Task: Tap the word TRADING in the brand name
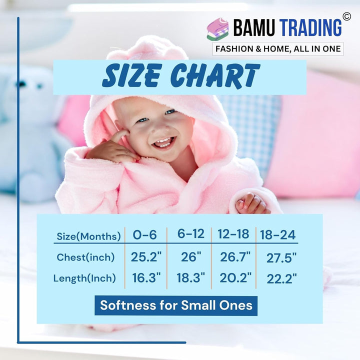click(x=310, y=27)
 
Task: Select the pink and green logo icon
click(x=217, y=29)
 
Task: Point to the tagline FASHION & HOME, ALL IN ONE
click(x=277, y=49)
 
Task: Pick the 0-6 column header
click(x=144, y=234)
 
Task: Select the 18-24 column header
click(x=277, y=235)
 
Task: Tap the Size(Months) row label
click(x=88, y=236)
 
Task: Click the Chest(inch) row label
click(x=85, y=257)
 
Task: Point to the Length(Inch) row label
click(x=84, y=278)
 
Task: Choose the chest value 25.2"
click(x=146, y=257)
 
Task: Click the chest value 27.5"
click(x=281, y=258)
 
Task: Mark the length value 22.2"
click(x=281, y=278)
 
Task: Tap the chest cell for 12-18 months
click(x=235, y=257)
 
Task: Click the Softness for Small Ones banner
click(x=176, y=305)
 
